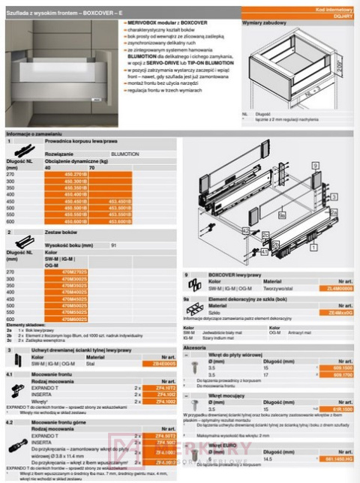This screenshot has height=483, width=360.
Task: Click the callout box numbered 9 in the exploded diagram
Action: pyautogui.click(x=315, y=163)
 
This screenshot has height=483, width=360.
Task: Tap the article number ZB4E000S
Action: pyautogui.click(x=163, y=362)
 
